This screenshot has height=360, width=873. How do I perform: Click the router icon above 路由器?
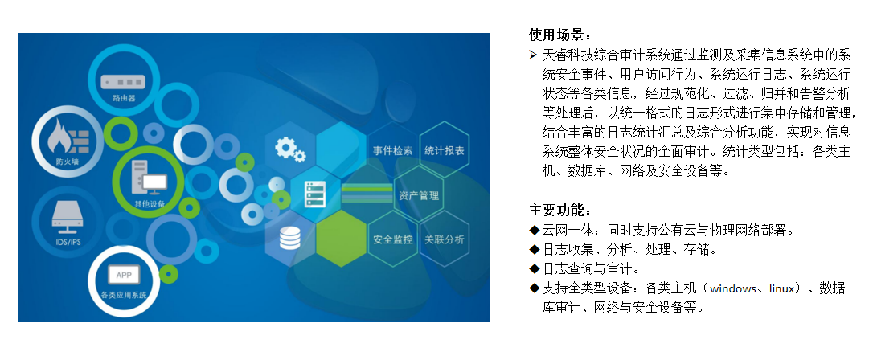[x=123, y=81]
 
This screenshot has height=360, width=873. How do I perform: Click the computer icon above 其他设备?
[x=149, y=178]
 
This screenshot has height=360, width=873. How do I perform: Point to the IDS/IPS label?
[x=68, y=242]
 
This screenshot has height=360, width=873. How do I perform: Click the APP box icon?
[x=124, y=275]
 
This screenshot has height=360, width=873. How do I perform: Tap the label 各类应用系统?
[x=124, y=295]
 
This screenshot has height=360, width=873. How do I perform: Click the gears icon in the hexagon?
[x=290, y=149]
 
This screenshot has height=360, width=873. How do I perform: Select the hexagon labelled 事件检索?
[x=392, y=151]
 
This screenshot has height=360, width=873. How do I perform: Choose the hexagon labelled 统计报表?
[x=444, y=150]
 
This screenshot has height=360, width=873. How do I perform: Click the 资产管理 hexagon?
[x=419, y=196]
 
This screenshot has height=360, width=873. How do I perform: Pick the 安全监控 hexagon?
[x=392, y=239]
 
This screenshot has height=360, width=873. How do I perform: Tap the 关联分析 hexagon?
[x=444, y=239]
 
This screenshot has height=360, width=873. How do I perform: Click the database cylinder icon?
[x=290, y=238]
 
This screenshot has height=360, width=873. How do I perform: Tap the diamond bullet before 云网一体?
[x=535, y=230]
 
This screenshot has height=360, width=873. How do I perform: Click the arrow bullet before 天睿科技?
[x=534, y=55]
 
